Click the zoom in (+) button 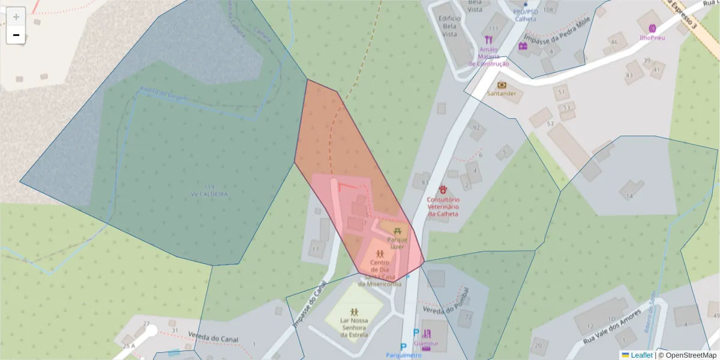(16, 17)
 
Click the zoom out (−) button (16, 35)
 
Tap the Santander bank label (502, 94)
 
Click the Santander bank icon (502, 85)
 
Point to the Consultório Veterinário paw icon (443, 189)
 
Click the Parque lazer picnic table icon (397, 231)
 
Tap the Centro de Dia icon (380, 254)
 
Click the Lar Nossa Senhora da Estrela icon (354, 311)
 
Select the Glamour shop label (426, 344)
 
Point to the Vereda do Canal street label (213, 338)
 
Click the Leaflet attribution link (641, 355)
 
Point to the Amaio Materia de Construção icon (488, 40)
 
